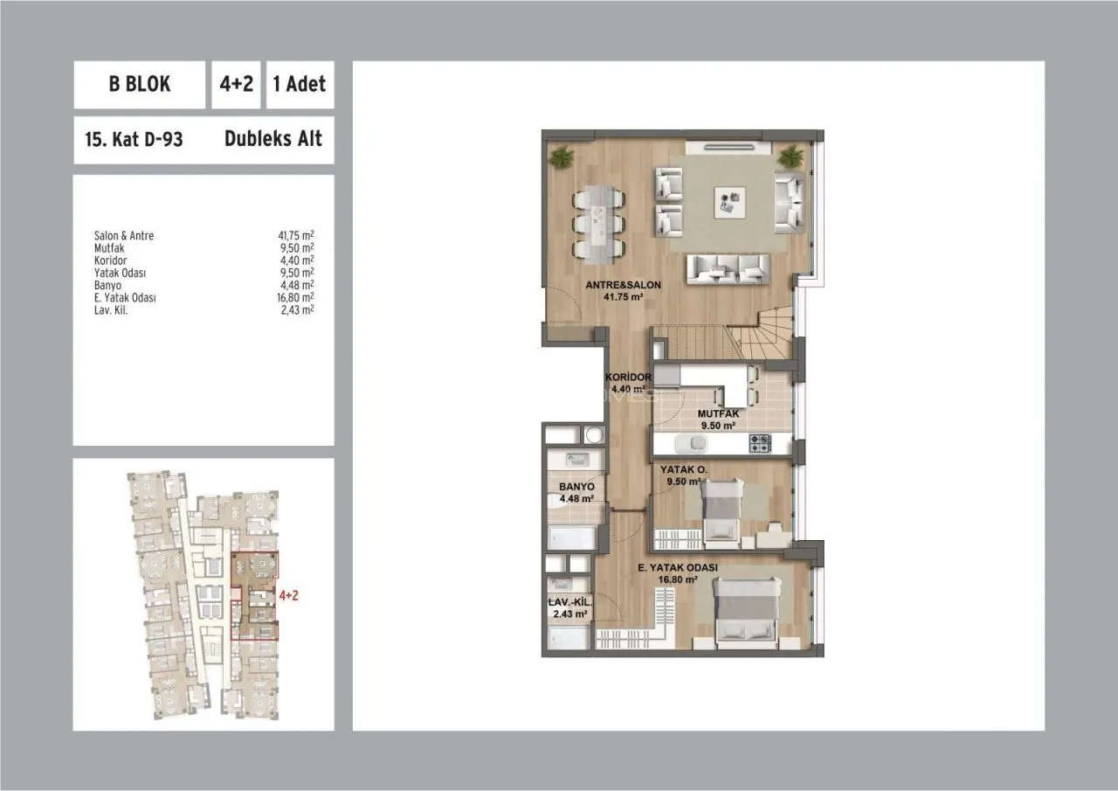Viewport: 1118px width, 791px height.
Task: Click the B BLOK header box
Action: [139, 85]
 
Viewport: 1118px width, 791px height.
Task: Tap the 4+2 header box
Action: [236, 85]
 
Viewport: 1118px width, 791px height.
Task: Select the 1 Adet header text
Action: [300, 84]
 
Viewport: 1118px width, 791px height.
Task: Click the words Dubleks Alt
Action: [273, 139]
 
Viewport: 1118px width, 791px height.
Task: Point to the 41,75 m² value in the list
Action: [296, 235]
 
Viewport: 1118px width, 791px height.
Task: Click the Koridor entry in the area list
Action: [110, 260]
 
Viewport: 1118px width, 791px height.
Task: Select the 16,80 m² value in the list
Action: [295, 298]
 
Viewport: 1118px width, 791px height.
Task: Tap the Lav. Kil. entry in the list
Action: [111, 310]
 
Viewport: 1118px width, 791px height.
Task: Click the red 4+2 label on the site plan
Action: [288, 595]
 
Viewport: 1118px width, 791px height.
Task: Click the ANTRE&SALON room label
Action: [623, 285]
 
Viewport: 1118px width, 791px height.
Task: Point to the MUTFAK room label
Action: [718, 414]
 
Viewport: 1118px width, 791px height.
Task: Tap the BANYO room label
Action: [576, 486]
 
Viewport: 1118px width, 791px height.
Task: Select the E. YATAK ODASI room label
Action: [678, 568]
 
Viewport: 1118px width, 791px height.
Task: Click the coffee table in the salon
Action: [729, 202]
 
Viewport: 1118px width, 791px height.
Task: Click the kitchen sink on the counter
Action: [690, 443]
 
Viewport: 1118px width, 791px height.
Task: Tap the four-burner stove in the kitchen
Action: [760, 443]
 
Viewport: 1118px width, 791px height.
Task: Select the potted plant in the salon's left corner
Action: [562, 157]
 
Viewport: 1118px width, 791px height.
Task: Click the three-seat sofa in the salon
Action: [728, 269]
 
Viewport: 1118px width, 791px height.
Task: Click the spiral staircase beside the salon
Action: [761, 333]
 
